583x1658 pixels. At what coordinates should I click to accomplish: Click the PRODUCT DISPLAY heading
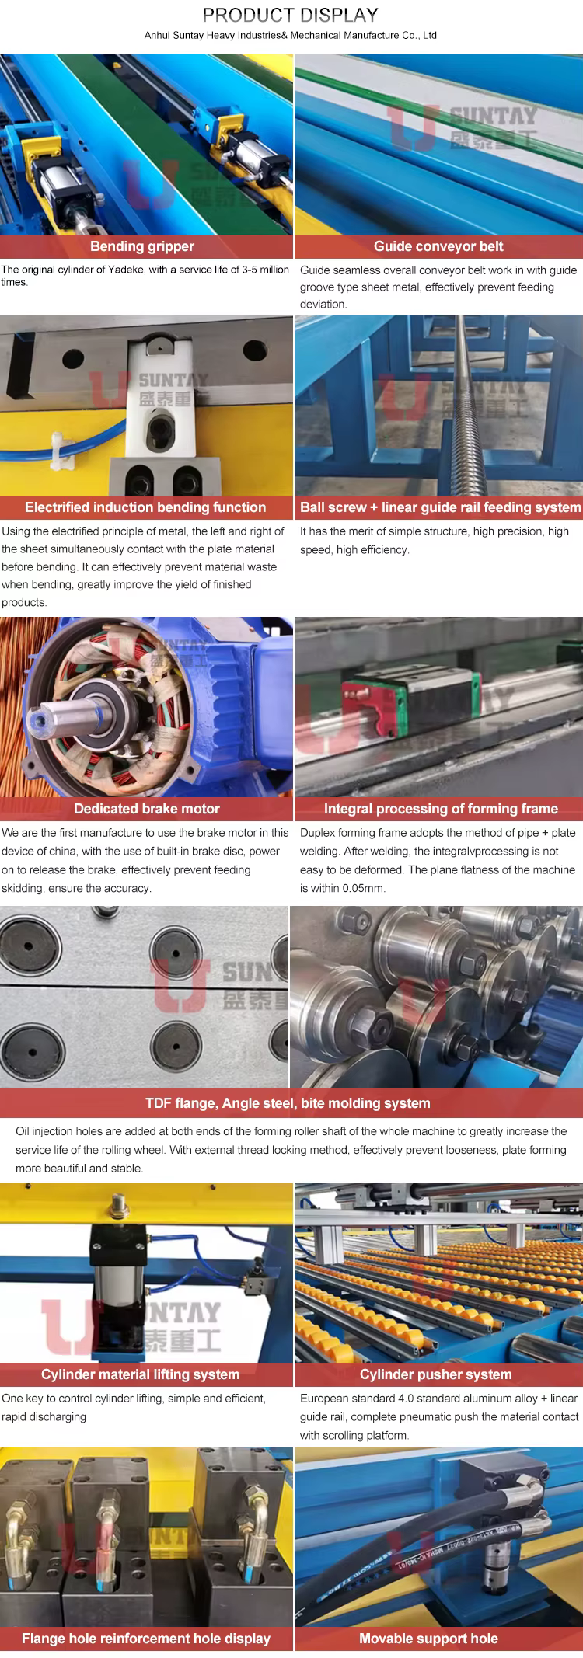point(290,15)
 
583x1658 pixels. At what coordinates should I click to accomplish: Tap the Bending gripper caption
point(142,246)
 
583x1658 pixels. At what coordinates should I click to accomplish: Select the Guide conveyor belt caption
point(438,246)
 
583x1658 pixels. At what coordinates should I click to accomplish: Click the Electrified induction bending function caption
point(145,507)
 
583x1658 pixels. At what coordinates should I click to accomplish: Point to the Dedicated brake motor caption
point(147,809)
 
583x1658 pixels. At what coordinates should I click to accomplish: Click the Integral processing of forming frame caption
point(441,809)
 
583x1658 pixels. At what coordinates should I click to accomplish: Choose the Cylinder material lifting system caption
point(140,1374)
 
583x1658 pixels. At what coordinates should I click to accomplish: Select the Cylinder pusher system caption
point(435,1374)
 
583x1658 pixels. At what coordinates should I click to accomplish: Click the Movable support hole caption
point(428,1639)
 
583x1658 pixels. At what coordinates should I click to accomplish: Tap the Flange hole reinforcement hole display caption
point(146,1639)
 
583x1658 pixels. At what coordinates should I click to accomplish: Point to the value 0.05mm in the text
point(364,888)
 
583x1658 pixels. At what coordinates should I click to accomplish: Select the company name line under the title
point(291,35)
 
